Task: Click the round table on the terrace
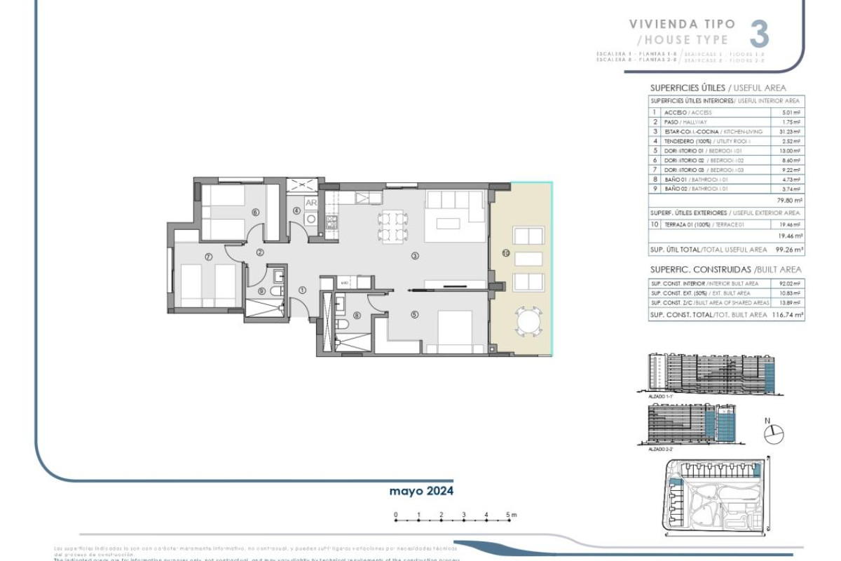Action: [x=528, y=323]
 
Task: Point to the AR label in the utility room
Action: [x=312, y=203]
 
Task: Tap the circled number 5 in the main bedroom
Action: [x=414, y=315]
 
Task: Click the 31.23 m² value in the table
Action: [x=791, y=132]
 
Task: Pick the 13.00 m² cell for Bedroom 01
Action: [x=791, y=150]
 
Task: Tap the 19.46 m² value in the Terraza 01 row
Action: [x=791, y=224]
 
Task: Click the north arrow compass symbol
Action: [x=770, y=434]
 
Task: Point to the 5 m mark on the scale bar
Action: [x=510, y=515]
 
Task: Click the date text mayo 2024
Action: [x=421, y=491]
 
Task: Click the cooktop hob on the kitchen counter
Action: [x=332, y=222]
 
